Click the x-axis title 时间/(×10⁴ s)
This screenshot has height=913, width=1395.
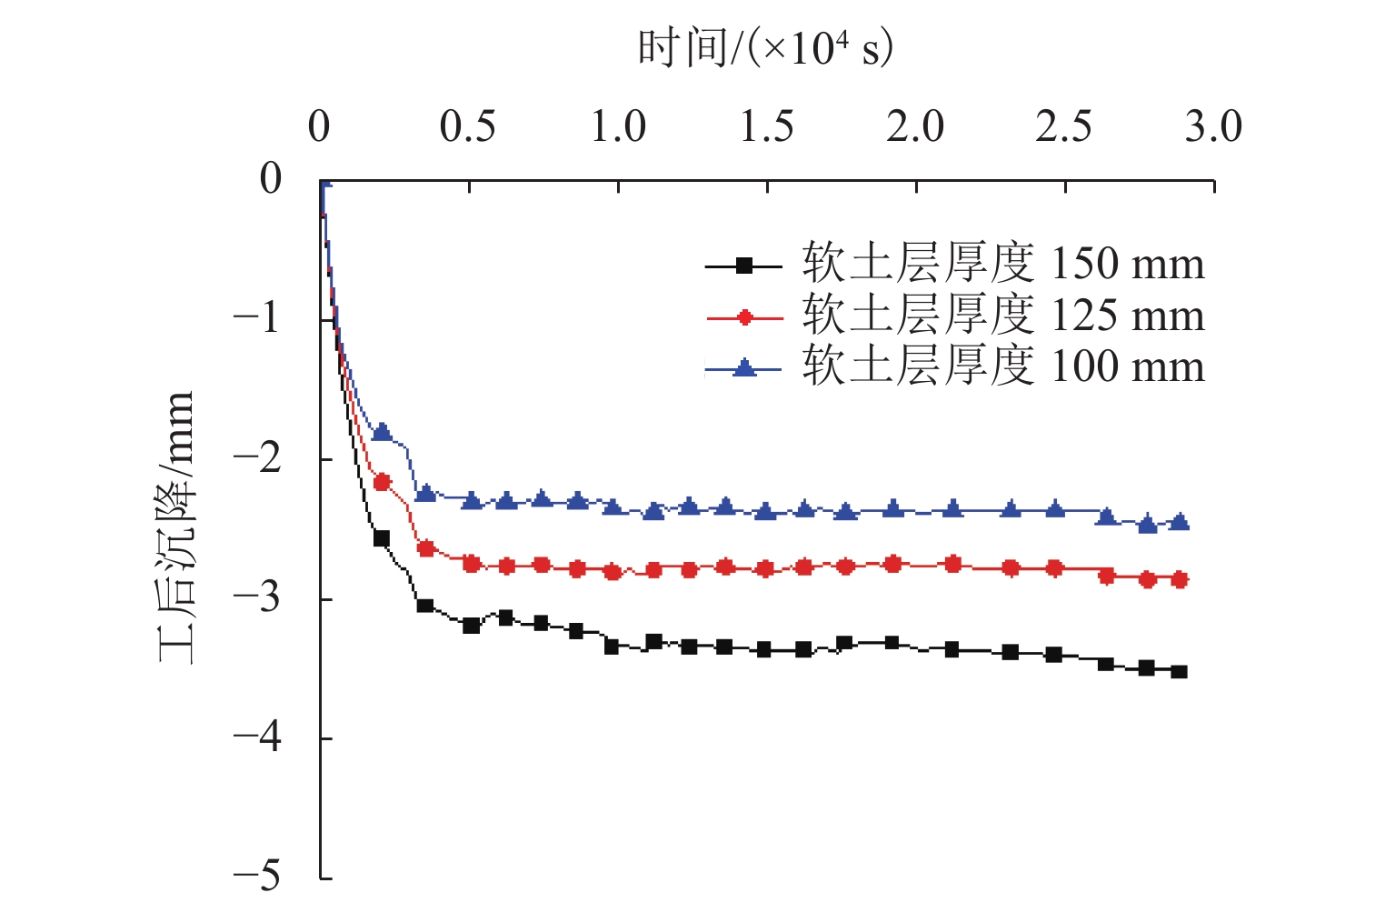[x=765, y=47]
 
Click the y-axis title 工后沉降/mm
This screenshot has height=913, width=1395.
[x=176, y=527]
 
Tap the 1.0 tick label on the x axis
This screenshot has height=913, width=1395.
[x=618, y=126]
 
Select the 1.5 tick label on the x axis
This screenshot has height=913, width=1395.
[x=766, y=126]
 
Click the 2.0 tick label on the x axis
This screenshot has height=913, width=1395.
[x=915, y=126]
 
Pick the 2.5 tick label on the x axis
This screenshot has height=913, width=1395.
[x=1064, y=126]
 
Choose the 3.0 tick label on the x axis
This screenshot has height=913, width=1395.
[x=1212, y=126]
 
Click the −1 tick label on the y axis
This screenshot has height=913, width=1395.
[x=256, y=318]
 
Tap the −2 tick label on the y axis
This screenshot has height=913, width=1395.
[x=256, y=457]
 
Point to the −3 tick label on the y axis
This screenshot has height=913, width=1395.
[x=256, y=597]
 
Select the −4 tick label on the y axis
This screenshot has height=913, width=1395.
[x=256, y=737]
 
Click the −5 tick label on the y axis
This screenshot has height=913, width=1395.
[x=256, y=876]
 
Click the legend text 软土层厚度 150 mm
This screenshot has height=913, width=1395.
[x=1002, y=264]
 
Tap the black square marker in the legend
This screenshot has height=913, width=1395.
[x=744, y=266]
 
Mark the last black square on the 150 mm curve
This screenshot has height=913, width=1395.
[x=1179, y=671]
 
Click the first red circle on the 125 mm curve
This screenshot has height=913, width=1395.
[x=382, y=482]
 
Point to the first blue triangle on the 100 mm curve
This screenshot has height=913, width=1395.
[x=382, y=431]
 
